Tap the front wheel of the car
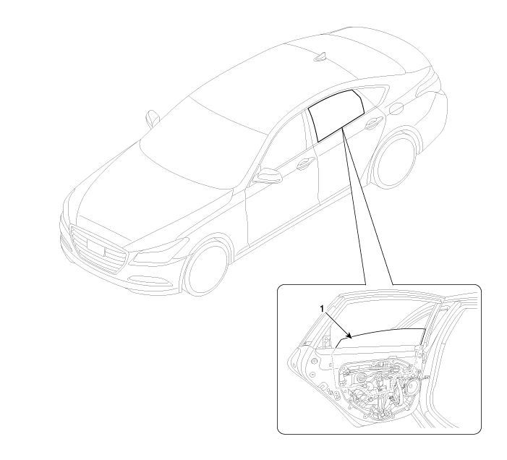click(x=205, y=268)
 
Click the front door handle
click(x=304, y=164)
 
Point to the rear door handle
click(x=372, y=124)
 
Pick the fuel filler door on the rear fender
click(x=396, y=108)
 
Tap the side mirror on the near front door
click(x=267, y=176)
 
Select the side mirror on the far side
click(x=152, y=118)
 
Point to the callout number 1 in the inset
click(x=322, y=309)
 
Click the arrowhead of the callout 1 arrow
click(x=349, y=336)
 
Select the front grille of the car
click(x=98, y=249)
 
